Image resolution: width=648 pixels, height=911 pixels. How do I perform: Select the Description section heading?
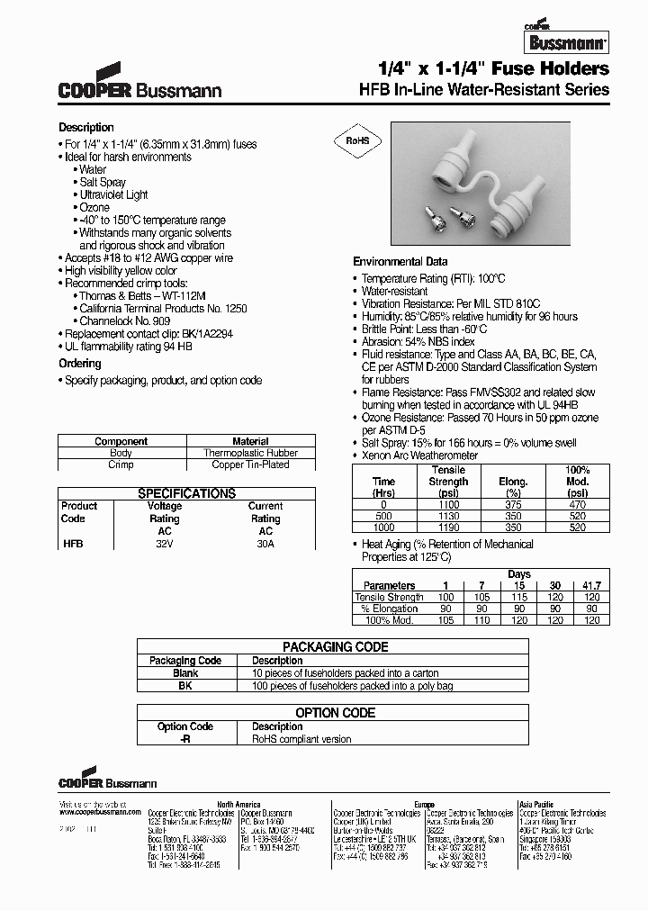click(x=86, y=128)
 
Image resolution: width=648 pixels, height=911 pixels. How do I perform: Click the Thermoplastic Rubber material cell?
click(x=250, y=453)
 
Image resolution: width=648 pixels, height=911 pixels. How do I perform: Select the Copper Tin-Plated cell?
click(x=250, y=465)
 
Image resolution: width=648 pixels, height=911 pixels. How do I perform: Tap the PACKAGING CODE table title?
click(x=336, y=647)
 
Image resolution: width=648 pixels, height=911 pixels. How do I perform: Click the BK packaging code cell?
click(x=185, y=686)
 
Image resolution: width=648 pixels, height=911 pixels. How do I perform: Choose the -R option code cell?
click(x=185, y=739)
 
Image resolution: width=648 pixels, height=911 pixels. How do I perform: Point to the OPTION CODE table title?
click(x=336, y=713)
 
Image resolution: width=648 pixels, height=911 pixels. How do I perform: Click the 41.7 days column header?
click(x=591, y=586)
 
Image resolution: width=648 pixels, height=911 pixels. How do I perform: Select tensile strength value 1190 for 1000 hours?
click(x=448, y=528)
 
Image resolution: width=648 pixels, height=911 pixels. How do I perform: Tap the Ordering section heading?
click(x=80, y=364)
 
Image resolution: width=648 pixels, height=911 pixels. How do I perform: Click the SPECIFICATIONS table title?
click(x=186, y=494)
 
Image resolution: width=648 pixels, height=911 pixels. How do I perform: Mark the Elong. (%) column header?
click(x=513, y=487)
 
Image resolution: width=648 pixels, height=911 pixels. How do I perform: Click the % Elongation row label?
click(x=388, y=609)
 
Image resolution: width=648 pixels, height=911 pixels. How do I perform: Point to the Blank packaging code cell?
click(x=185, y=673)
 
